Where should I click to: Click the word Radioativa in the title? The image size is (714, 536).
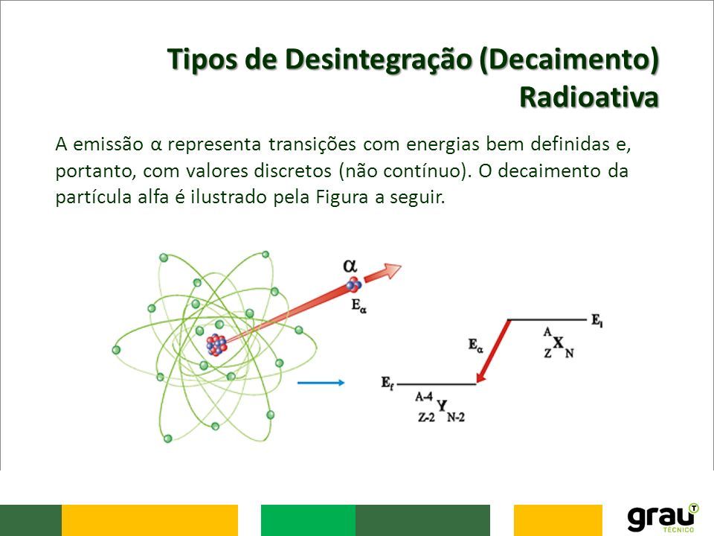(589, 97)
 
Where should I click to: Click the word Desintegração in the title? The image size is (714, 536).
(378, 60)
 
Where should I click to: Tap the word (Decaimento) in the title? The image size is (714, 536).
(569, 60)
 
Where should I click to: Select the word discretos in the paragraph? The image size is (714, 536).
(293, 170)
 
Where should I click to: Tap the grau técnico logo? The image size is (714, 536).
(663, 518)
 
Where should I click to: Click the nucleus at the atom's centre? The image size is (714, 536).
(216, 345)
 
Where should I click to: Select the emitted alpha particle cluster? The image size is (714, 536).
(353, 284)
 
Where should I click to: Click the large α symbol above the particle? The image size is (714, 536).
(350, 265)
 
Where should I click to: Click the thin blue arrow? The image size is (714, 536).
(321, 383)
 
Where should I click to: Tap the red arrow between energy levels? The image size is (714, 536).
(492, 351)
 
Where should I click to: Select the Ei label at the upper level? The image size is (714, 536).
(597, 320)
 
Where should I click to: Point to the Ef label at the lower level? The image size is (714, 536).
(387, 383)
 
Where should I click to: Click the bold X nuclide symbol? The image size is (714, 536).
(559, 342)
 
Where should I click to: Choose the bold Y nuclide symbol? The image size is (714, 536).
(442, 405)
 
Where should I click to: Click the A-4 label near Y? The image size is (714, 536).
(423, 397)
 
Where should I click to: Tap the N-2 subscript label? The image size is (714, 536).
(456, 417)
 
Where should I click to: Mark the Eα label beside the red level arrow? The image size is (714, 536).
(475, 345)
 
